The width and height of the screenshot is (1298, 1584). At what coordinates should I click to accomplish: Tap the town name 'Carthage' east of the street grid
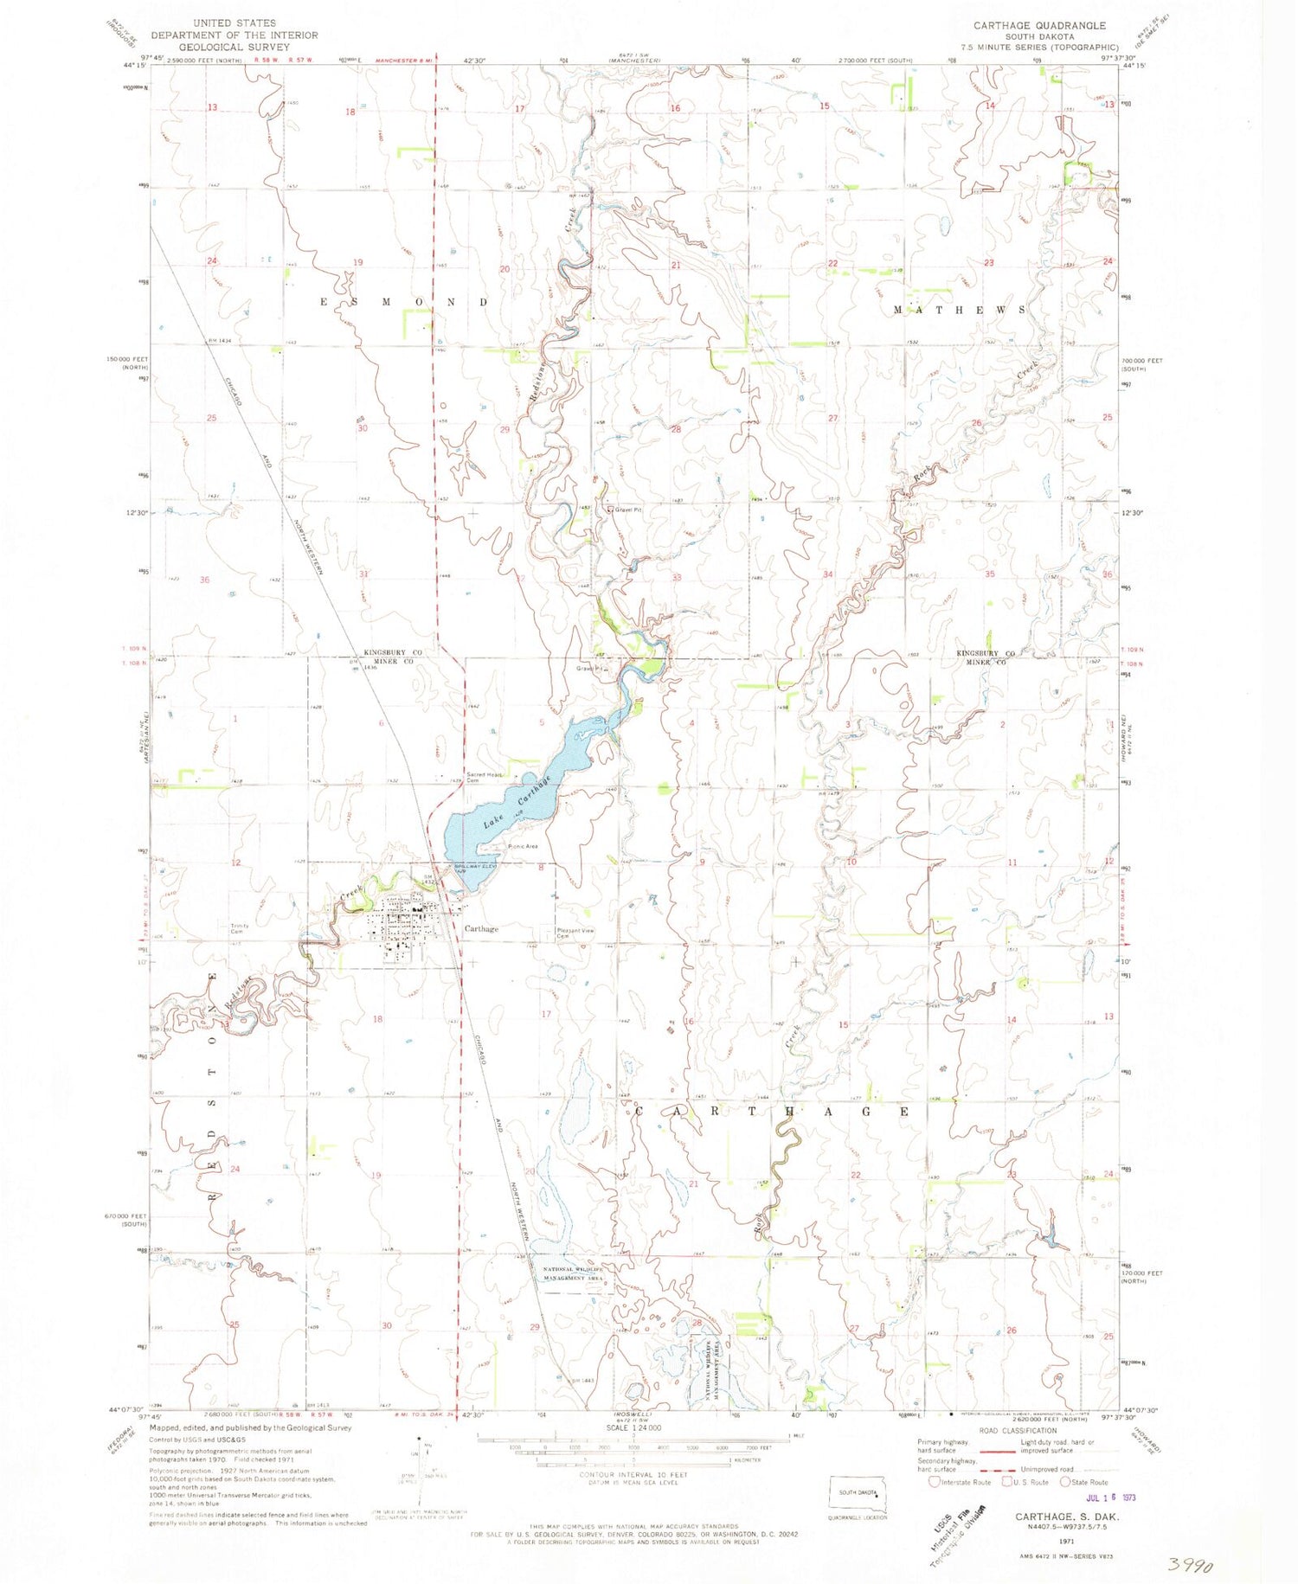tap(481, 928)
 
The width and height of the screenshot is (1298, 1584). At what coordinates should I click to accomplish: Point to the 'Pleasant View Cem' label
tap(575, 933)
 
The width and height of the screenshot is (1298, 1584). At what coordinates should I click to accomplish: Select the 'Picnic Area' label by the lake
tap(524, 845)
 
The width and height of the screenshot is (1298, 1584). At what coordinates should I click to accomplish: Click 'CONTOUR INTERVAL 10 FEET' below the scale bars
tap(634, 1475)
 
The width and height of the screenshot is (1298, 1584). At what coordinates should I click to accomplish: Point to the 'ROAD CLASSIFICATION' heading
tap(1017, 1431)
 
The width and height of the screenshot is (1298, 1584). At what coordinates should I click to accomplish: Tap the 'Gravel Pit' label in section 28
tap(627, 510)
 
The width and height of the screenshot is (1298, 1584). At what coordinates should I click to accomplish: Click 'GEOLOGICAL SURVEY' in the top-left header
tap(235, 47)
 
